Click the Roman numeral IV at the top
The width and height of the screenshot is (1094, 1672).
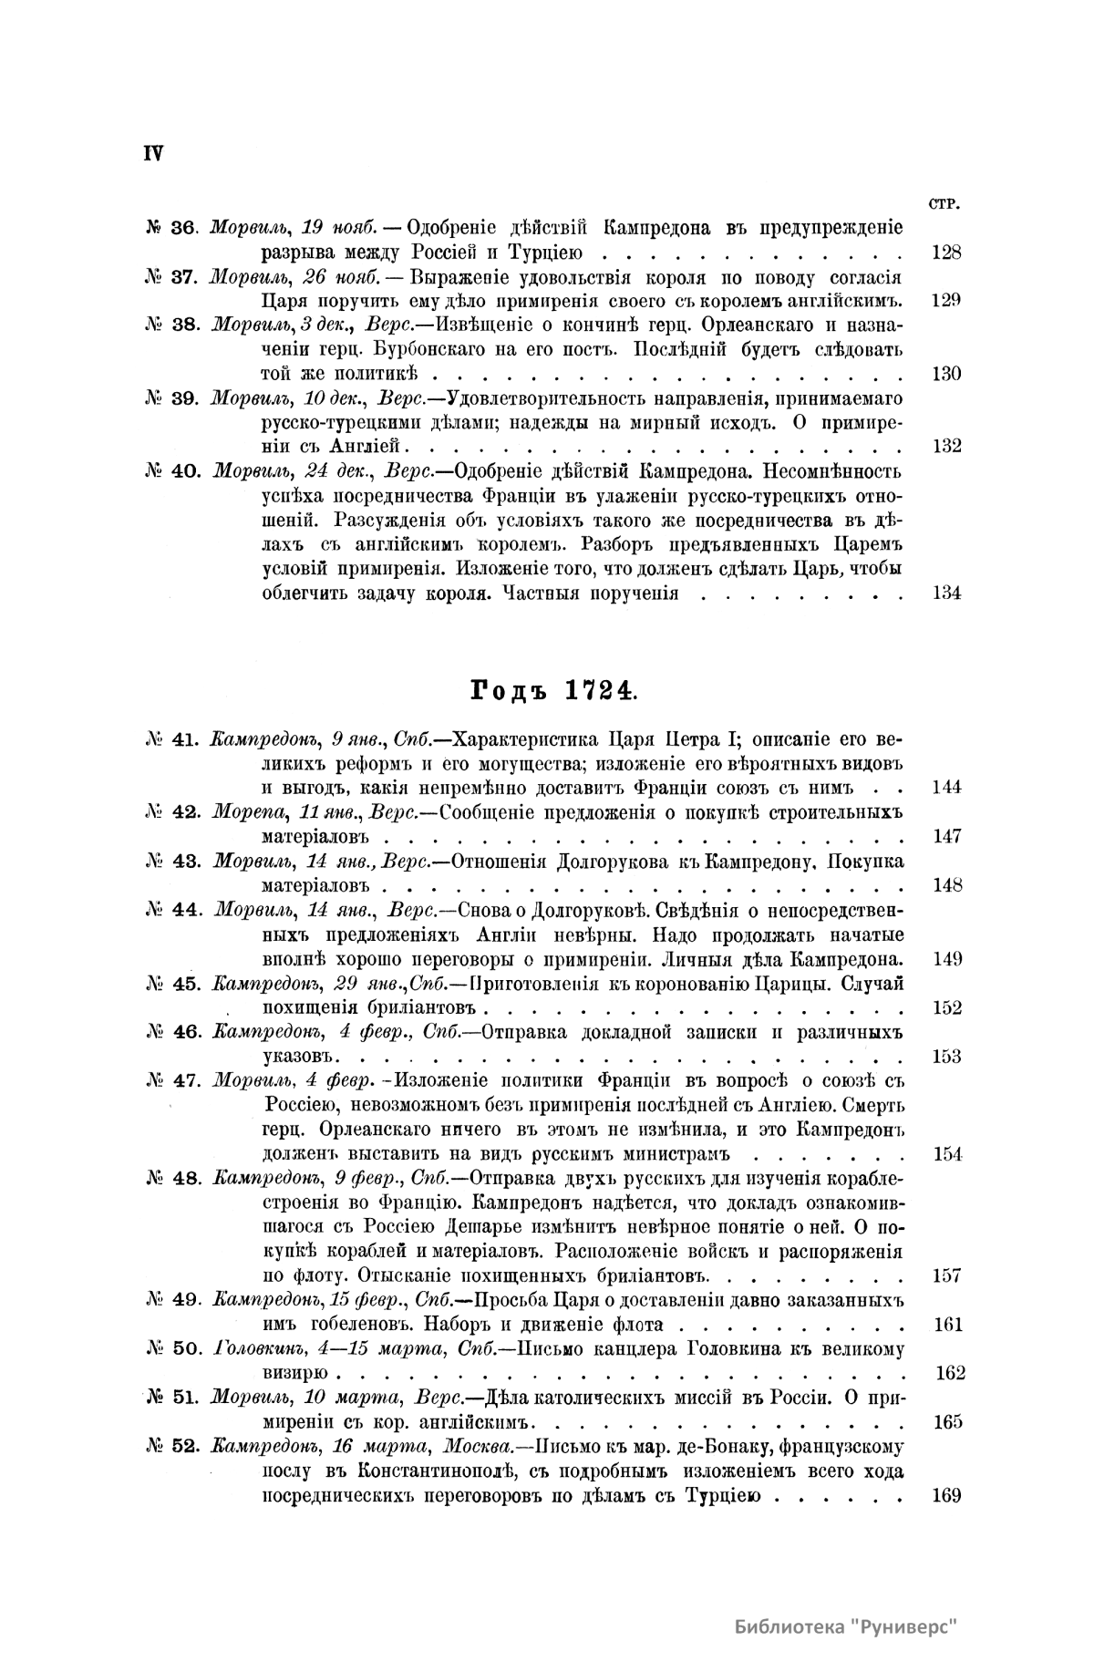pyautogui.click(x=152, y=153)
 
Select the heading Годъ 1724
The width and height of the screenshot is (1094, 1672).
pyautogui.click(x=552, y=692)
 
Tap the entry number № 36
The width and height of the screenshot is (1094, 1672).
pyautogui.click(x=170, y=227)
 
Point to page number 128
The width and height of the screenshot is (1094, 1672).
pyautogui.click(x=947, y=253)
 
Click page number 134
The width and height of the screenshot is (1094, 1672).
pyautogui.click(x=947, y=593)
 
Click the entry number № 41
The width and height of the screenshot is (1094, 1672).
pyautogui.click(x=171, y=738)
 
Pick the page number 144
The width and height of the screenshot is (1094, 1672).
pyautogui.click(x=947, y=788)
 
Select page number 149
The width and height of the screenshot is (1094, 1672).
pyautogui.click(x=947, y=959)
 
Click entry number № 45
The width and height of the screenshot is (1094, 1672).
pyautogui.click(x=171, y=984)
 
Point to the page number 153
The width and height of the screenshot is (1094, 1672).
pyautogui.click(x=947, y=1057)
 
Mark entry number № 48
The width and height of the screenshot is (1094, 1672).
pyautogui.click(x=171, y=1178)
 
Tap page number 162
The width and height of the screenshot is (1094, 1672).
pyautogui.click(x=950, y=1373)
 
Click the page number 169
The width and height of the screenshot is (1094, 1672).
pyautogui.click(x=948, y=1496)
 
